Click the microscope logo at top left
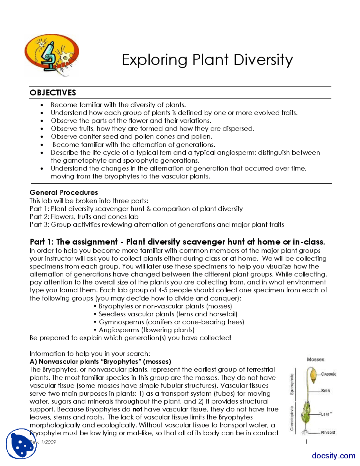coord(51,55)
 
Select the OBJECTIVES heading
coord(53,93)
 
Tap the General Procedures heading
coord(64,192)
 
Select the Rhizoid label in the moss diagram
coord(328,433)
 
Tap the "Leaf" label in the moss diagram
coord(326,414)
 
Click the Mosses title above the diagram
coord(315,359)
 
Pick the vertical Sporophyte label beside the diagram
coord(292,384)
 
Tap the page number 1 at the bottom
coord(306,442)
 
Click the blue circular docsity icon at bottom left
coord(21,444)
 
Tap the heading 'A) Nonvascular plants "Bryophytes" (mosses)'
coord(100,362)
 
